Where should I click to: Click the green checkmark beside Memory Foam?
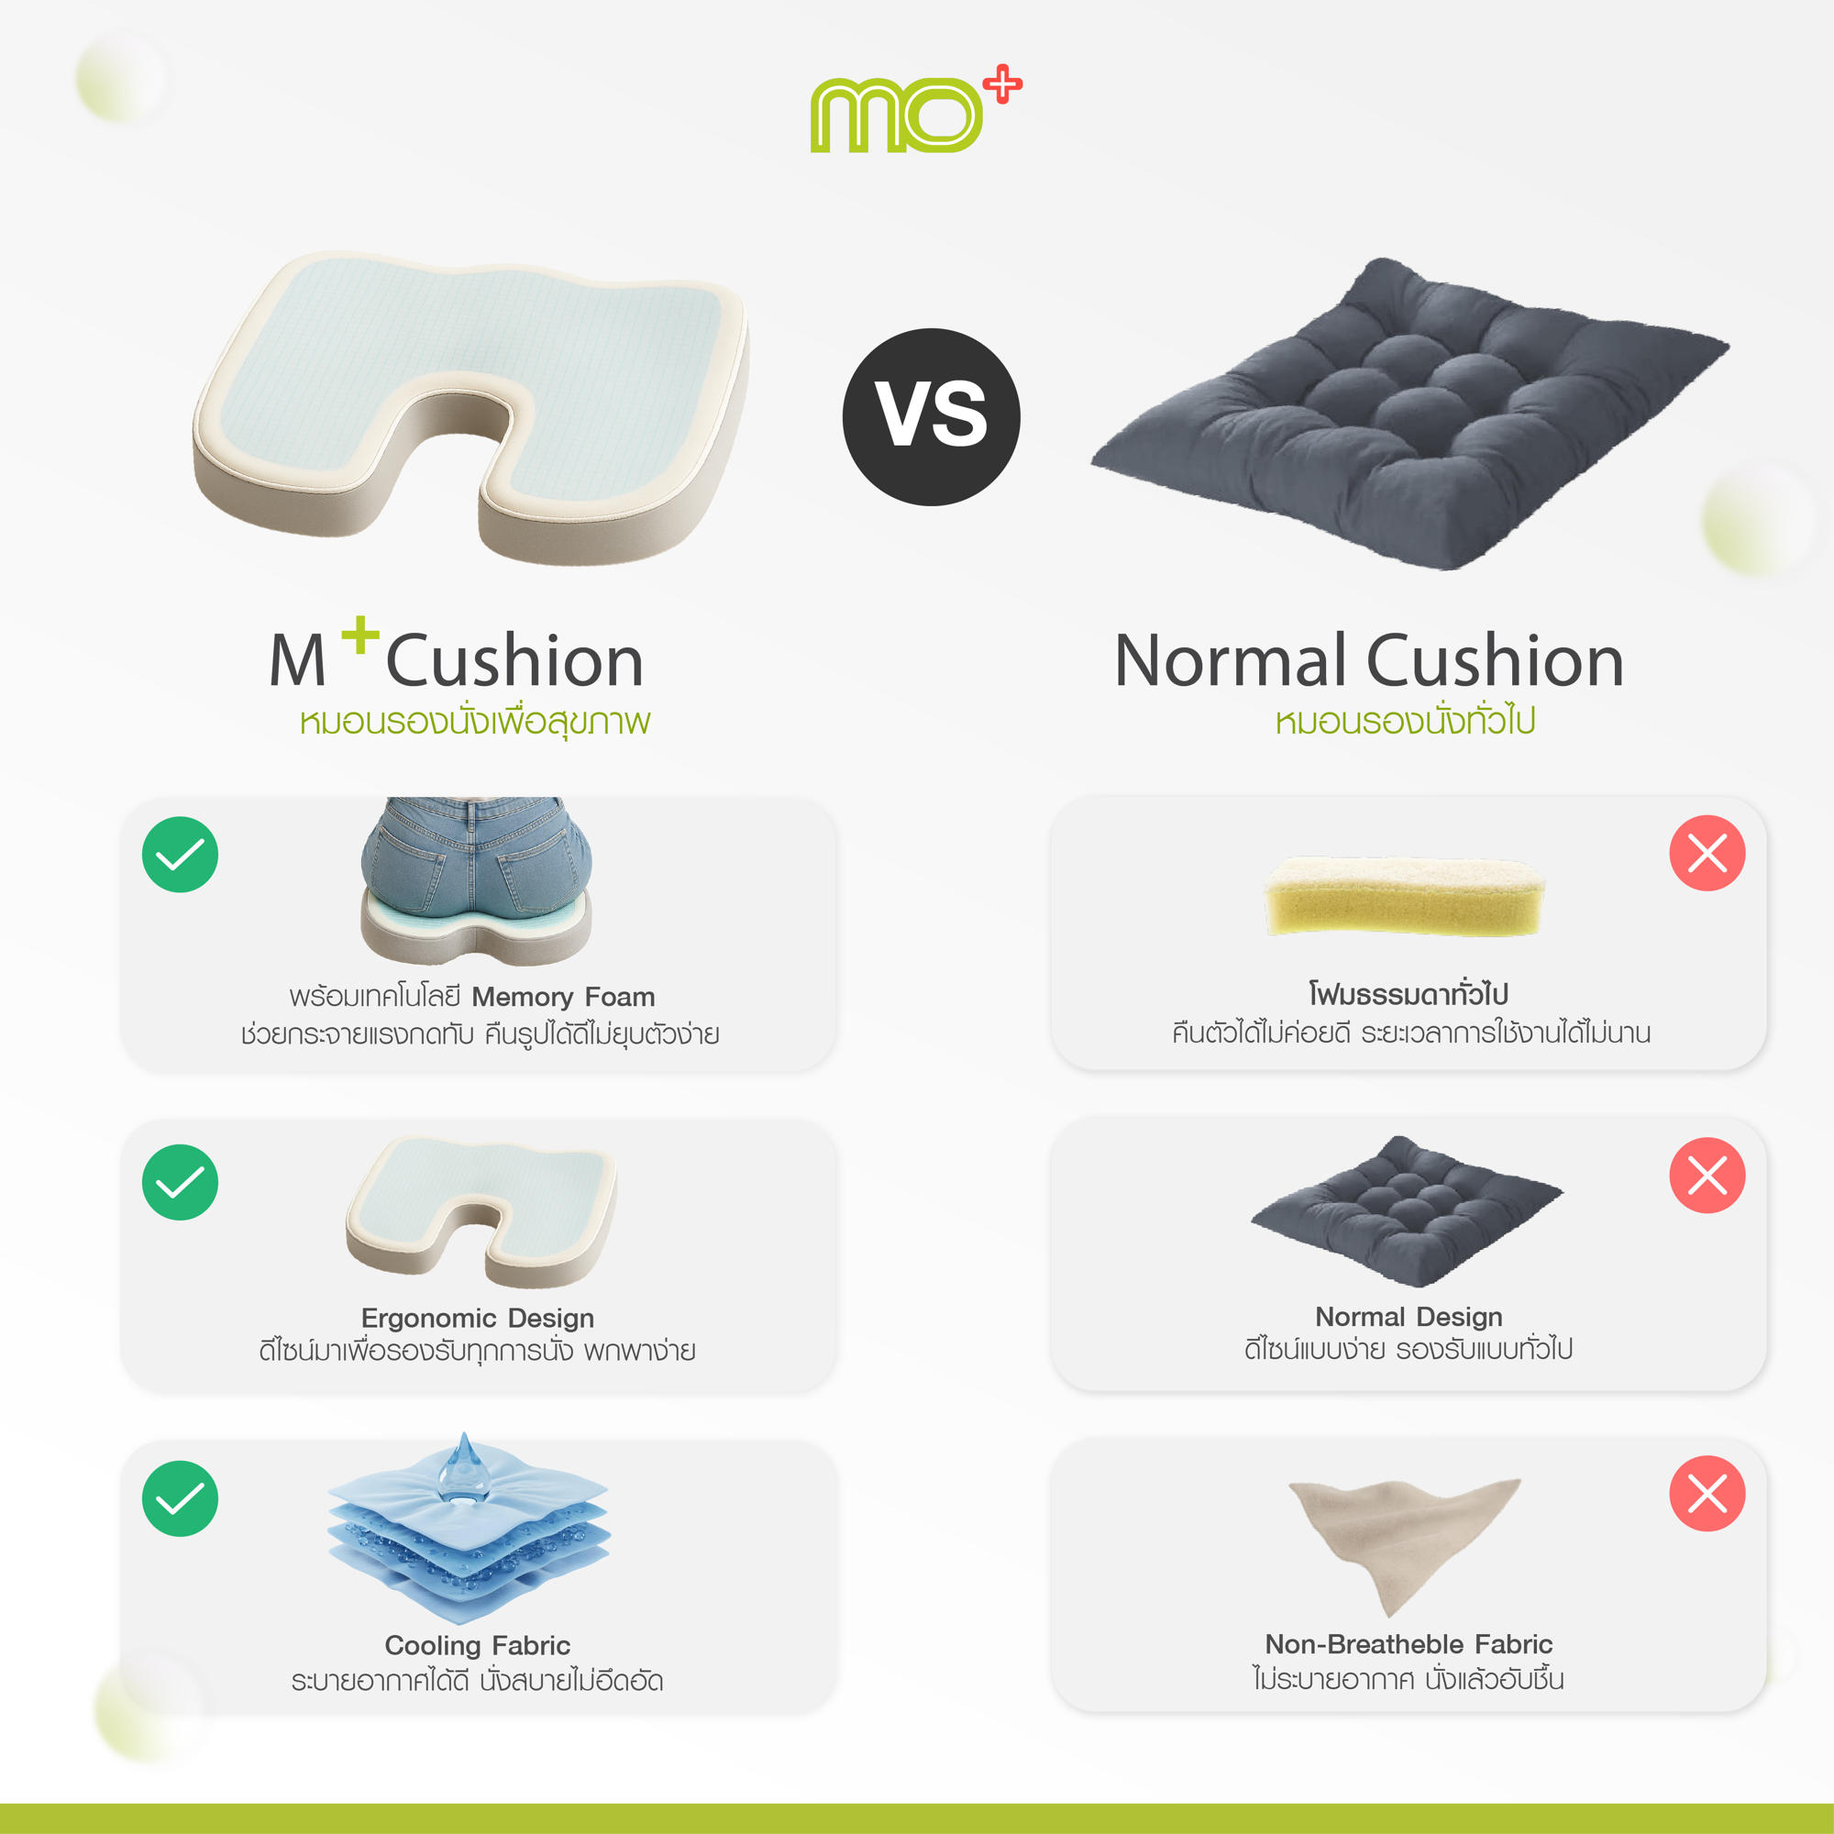pyautogui.click(x=180, y=855)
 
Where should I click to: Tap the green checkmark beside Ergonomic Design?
pyautogui.click(x=180, y=1182)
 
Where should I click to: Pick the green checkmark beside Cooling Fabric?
pyautogui.click(x=180, y=1498)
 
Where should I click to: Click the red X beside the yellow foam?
pyautogui.click(x=1707, y=853)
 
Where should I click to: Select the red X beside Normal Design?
pyautogui.click(x=1707, y=1176)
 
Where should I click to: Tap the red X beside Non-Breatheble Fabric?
pyautogui.click(x=1707, y=1493)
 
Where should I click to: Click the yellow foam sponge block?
pyautogui.click(x=1403, y=897)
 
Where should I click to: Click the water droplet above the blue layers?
pyautogui.click(x=464, y=1469)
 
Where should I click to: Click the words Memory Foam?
pyautogui.click(x=563, y=997)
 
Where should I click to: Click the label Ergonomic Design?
pyautogui.click(x=478, y=1318)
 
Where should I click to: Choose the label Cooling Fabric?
pyautogui.click(x=478, y=1645)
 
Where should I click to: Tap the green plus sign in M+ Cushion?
pyautogui.click(x=359, y=635)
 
